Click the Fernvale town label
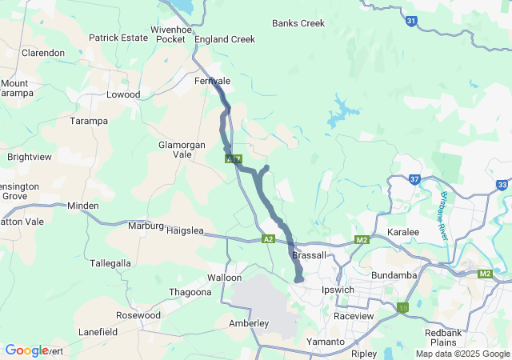212,82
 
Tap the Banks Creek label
298,23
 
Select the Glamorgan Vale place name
182,149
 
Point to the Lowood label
123,94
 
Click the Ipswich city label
337,289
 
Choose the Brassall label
310,254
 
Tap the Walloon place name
224,278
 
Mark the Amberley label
249,323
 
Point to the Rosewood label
138,315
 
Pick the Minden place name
82,206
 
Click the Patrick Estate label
118,38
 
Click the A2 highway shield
269,238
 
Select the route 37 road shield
414,180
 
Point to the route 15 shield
402,307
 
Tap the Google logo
26,350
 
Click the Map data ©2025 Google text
462,354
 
